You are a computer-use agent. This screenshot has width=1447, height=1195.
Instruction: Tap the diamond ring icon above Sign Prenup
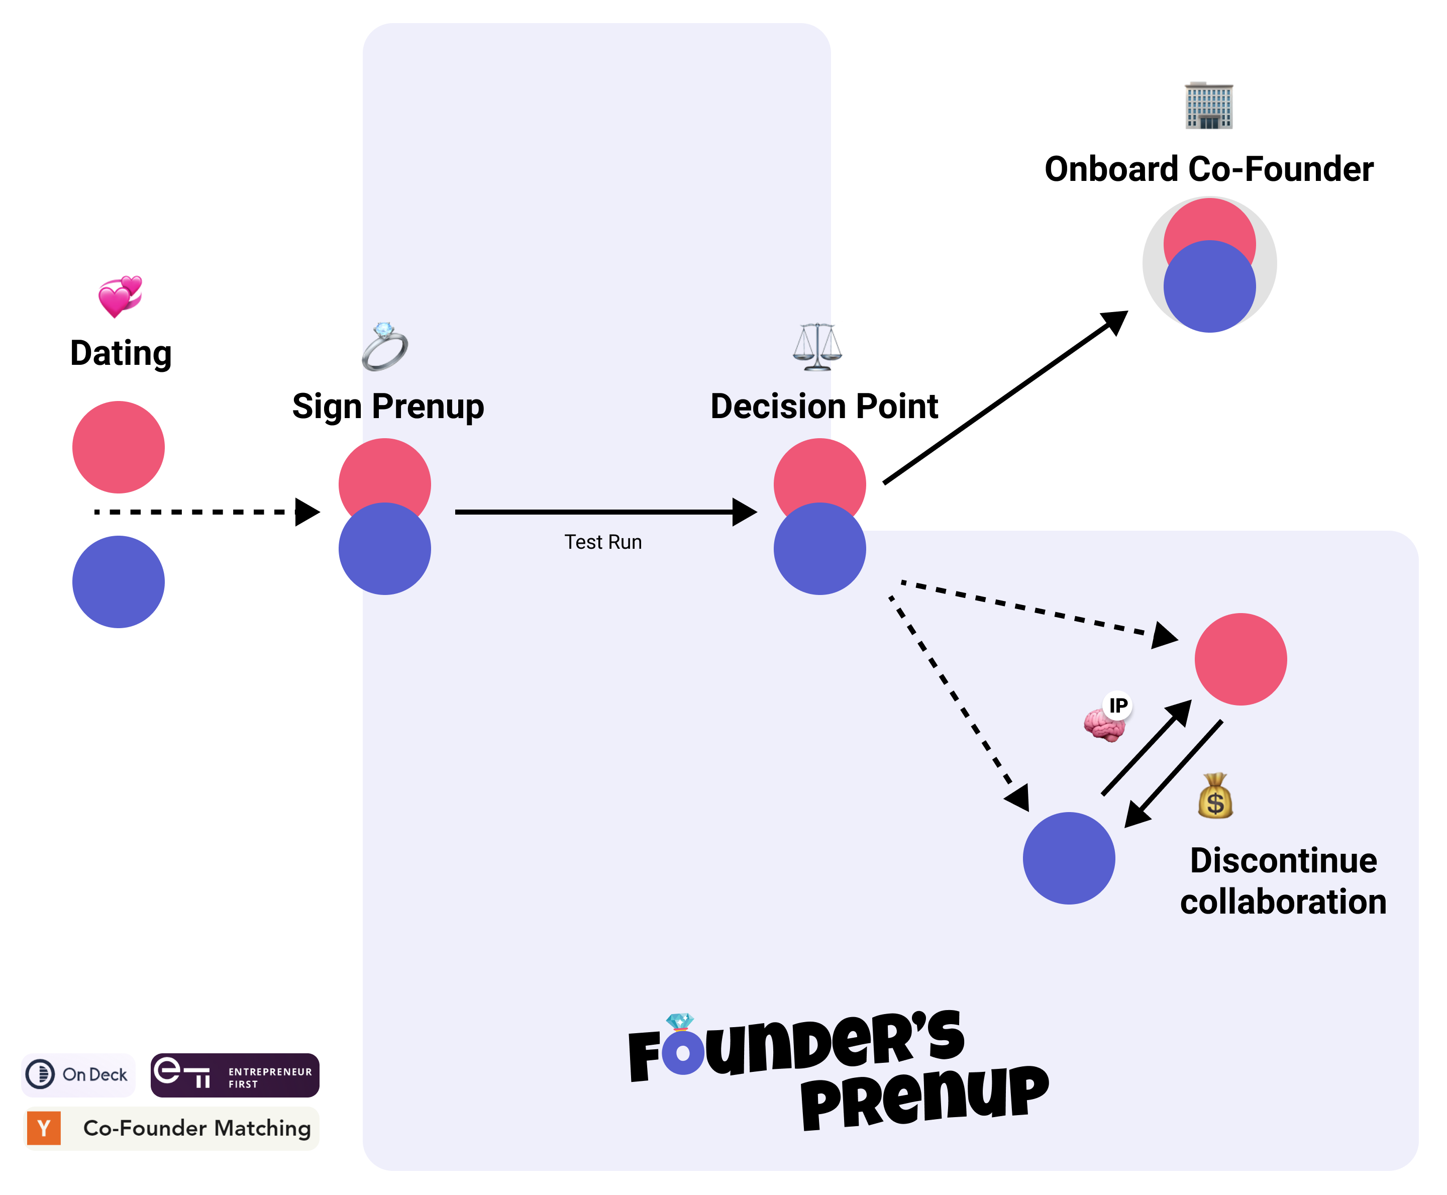click(x=385, y=346)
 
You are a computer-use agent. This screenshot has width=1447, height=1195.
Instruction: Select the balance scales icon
click(x=817, y=346)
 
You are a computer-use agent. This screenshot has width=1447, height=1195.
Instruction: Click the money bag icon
click(x=1214, y=796)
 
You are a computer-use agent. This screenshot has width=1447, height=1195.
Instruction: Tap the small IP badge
click(x=1118, y=705)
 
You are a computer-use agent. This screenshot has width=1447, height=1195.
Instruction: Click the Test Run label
click(x=603, y=542)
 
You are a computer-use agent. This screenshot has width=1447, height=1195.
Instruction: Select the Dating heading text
click(x=121, y=353)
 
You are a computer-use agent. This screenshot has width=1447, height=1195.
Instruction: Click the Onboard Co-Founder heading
click(x=1208, y=169)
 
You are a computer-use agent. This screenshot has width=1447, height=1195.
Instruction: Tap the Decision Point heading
click(x=823, y=406)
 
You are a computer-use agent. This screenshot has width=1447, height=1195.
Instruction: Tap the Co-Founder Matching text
click(x=197, y=1128)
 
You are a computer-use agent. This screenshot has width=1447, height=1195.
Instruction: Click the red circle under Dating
click(x=119, y=447)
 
